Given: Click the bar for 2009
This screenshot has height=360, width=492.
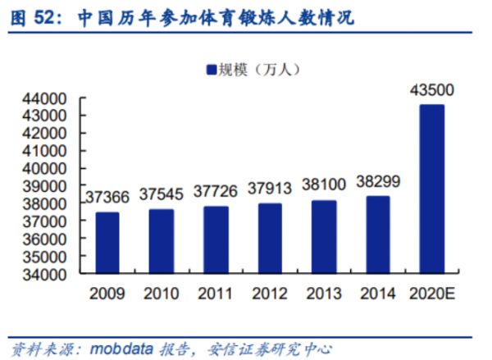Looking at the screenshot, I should point(107,244).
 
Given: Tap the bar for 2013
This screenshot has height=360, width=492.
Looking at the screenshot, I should point(323,237).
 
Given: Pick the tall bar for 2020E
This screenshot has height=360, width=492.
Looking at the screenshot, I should point(431,189).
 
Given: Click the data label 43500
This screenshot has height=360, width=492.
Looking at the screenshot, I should point(431,89).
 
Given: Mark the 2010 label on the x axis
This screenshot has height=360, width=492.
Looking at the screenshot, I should point(161,293).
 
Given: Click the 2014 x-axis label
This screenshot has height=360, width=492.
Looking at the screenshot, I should point(377,293).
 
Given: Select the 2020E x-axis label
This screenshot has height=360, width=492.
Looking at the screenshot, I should point(431,293).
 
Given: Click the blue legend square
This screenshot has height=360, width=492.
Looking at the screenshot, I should point(208,70).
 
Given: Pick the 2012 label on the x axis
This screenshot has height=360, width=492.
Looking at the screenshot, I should point(269,293).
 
